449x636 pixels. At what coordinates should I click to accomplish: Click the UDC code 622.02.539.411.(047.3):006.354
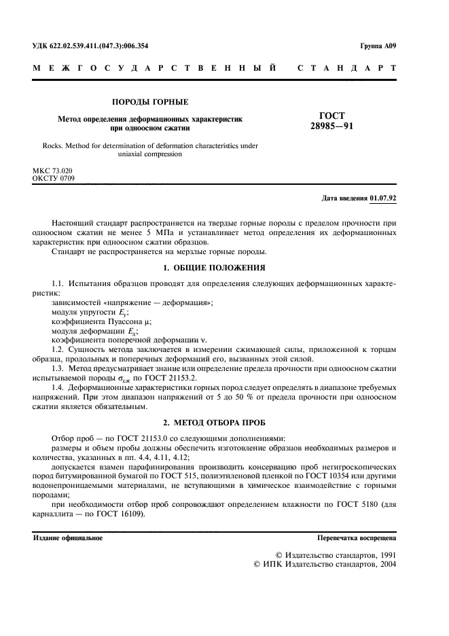pyautogui.click(x=90, y=46)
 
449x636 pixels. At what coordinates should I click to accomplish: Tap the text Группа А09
pyautogui.click(x=378, y=46)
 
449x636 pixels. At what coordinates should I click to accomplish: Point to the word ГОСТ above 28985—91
pyautogui.click(x=331, y=116)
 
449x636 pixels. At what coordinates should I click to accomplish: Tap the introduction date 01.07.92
pyautogui.click(x=384, y=198)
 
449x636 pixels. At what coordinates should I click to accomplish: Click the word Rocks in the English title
pyautogui.click(x=52, y=145)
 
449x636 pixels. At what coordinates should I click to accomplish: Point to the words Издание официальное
pyautogui.click(x=68, y=538)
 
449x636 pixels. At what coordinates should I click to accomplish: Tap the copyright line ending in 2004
pyautogui.click(x=323, y=564)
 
